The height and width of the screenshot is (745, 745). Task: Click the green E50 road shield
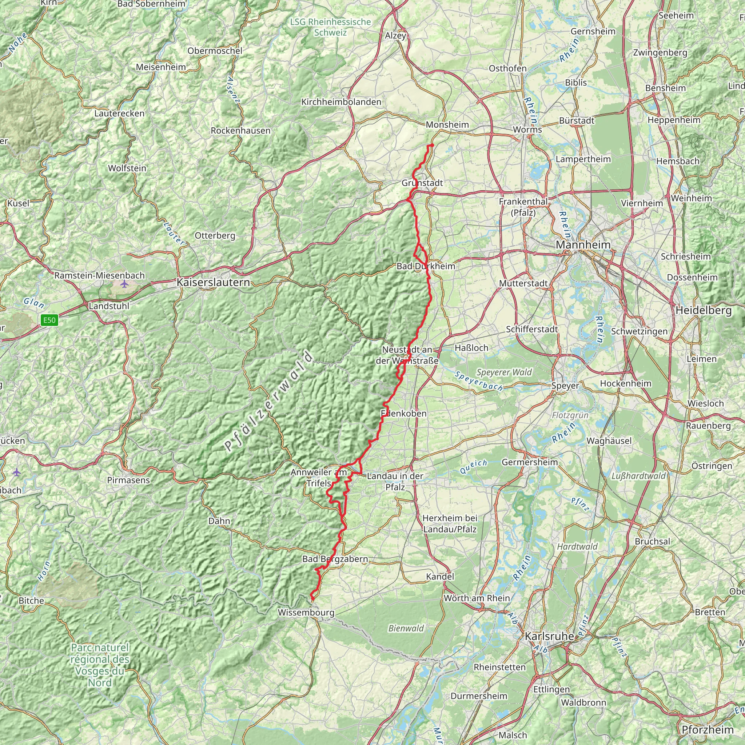[50, 320]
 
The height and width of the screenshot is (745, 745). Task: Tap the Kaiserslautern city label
[213, 282]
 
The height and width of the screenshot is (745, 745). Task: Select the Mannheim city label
[583, 244]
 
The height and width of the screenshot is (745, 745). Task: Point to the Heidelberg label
[704, 311]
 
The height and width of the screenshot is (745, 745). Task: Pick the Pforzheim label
[708, 730]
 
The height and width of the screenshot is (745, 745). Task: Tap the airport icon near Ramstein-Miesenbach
[124, 284]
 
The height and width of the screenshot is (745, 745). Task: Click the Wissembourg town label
[306, 612]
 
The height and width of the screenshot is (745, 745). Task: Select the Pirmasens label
[128, 481]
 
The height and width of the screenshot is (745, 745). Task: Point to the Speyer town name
[565, 386]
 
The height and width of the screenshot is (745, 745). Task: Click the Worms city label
[527, 130]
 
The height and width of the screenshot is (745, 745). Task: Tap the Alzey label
[396, 36]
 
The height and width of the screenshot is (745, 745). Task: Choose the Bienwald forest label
[406, 628]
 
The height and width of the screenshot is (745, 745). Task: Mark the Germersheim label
[529, 462]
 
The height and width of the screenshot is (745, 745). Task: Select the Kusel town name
[18, 203]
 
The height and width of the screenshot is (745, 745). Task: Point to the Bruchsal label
[653, 541]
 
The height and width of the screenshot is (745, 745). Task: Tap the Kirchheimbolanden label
[341, 102]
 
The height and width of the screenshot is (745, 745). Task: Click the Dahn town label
[219, 521]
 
